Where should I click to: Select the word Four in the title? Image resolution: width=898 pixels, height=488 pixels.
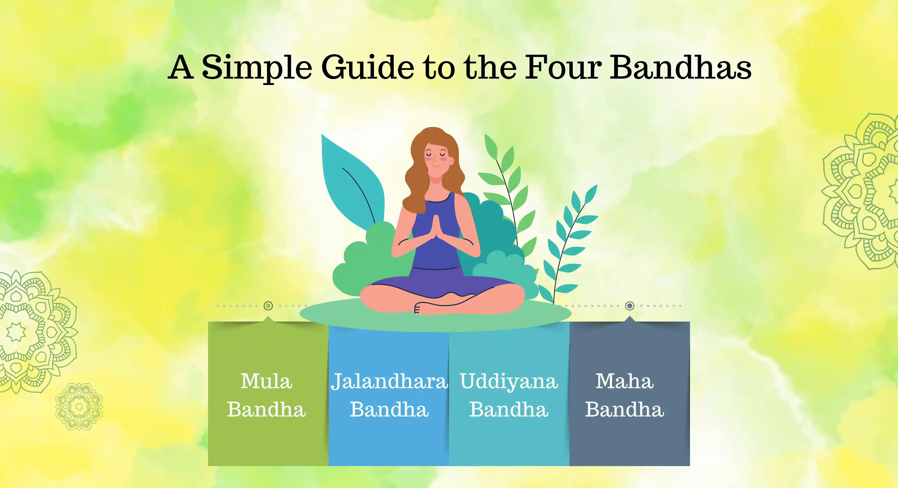(563, 67)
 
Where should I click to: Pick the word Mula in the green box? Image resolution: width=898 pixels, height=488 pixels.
(267, 381)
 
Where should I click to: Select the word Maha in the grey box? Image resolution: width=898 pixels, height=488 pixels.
(624, 381)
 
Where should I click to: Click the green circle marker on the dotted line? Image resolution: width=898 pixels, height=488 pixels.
(268, 306)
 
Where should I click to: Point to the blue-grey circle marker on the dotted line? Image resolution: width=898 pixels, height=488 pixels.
(630, 306)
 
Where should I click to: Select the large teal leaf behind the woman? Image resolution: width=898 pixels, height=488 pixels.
(352, 179)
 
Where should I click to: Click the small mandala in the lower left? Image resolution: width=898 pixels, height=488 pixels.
(79, 406)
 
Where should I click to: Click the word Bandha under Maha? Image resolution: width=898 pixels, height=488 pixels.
(624, 409)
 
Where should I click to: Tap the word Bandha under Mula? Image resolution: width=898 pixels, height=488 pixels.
(267, 409)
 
